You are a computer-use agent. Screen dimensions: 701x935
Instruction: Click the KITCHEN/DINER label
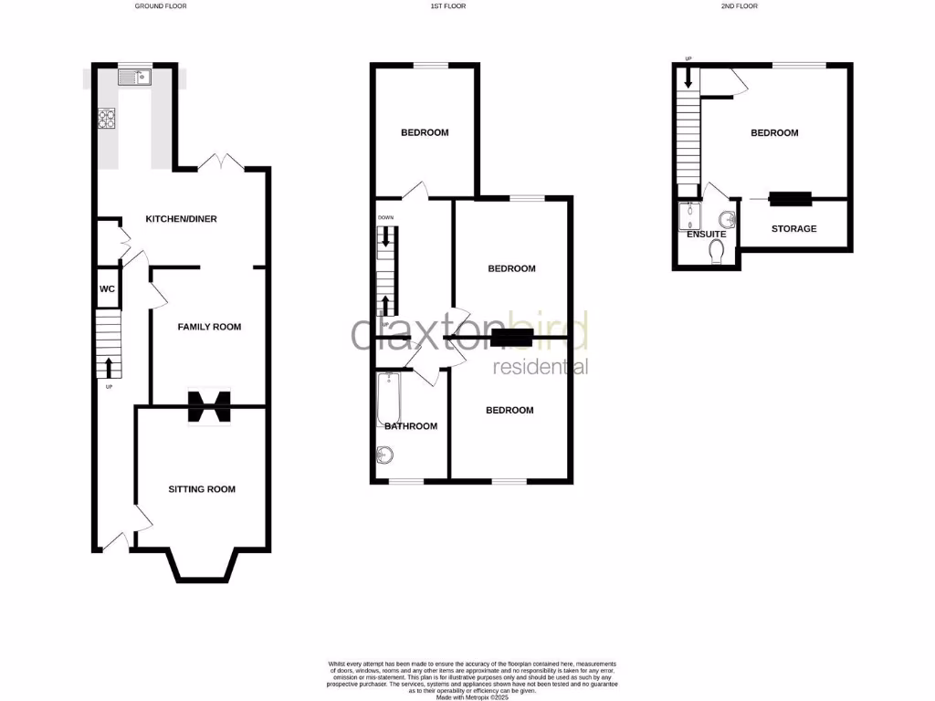(182, 219)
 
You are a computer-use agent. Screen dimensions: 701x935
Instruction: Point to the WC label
(107, 289)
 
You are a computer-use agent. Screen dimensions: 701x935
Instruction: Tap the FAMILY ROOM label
(209, 327)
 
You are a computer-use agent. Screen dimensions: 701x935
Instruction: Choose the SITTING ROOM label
(202, 489)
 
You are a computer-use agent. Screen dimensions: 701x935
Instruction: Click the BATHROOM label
(411, 426)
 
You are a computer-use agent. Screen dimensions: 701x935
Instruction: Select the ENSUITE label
(707, 235)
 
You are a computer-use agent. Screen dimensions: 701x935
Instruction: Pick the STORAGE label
(793, 228)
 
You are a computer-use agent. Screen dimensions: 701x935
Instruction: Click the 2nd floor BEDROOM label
(774, 133)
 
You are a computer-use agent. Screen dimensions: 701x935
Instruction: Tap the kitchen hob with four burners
(107, 119)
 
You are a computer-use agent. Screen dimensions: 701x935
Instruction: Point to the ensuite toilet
(716, 251)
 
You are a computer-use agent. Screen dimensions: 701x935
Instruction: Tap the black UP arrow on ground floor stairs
(110, 366)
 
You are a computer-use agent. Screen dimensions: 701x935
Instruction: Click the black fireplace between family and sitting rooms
(209, 407)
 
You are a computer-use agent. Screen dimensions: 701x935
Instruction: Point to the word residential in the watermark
(540, 367)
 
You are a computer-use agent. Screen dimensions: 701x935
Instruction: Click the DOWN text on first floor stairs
(386, 218)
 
